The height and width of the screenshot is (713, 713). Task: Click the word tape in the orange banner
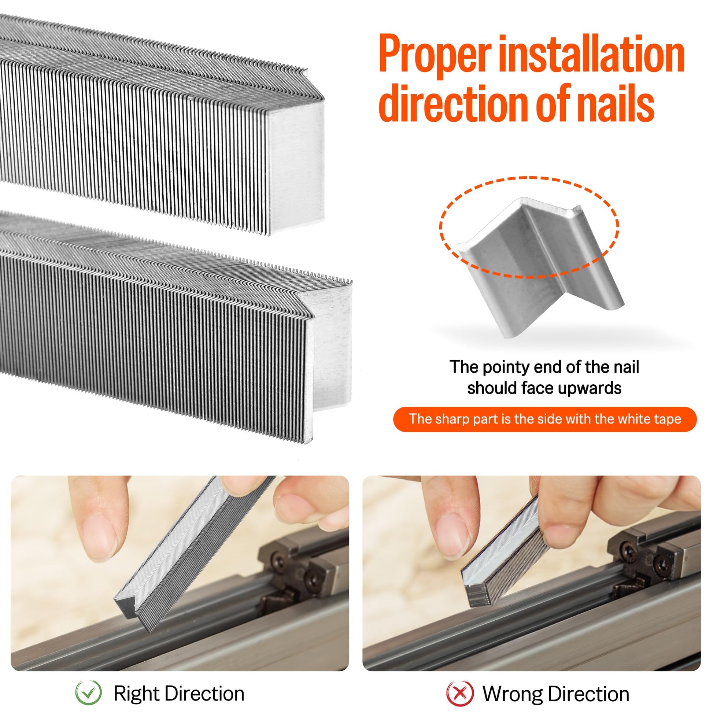(x=666, y=420)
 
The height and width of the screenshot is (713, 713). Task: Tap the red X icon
(x=459, y=693)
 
